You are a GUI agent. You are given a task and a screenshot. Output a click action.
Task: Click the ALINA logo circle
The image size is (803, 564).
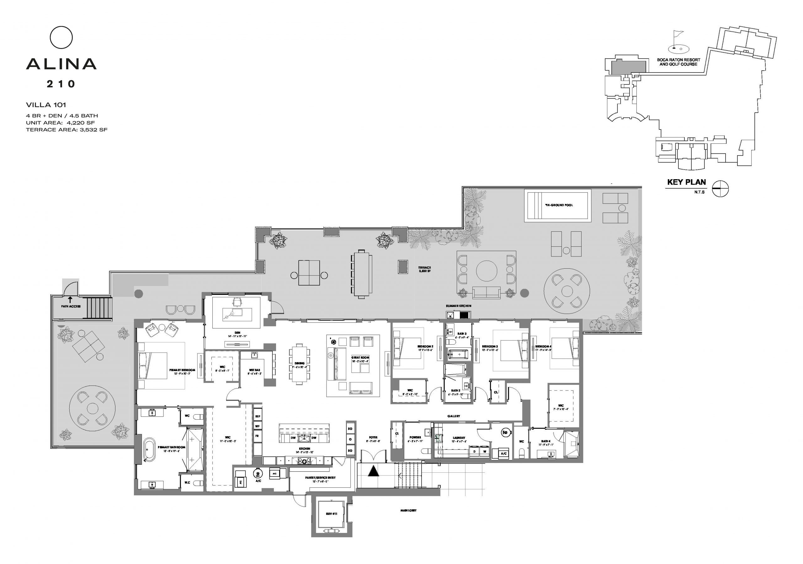point(61,37)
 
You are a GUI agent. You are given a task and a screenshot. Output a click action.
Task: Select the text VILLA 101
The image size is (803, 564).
point(46,105)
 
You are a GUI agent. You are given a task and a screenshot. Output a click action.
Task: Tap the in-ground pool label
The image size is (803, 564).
point(559,205)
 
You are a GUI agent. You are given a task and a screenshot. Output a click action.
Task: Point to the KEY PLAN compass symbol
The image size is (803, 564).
point(720,188)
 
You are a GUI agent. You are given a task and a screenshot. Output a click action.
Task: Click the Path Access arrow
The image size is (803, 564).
point(70,299)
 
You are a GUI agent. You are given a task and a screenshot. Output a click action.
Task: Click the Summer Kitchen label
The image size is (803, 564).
point(458,306)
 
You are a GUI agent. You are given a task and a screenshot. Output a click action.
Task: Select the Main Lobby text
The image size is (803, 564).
point(408,510)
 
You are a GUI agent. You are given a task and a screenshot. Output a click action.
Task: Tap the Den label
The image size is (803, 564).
point(237,333)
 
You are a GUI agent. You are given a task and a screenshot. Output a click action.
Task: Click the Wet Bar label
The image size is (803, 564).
point(254,370)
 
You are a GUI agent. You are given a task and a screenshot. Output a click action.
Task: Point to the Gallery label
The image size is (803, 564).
point(453,416)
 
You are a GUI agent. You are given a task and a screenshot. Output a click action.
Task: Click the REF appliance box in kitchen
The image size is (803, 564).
point(258,416)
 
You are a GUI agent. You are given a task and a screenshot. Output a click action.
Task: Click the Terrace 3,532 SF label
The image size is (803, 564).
point(424,269)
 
